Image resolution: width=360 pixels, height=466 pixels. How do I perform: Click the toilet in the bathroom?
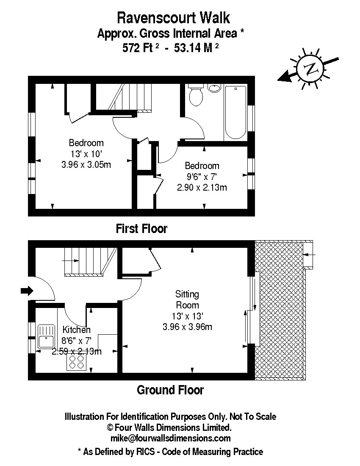click(x=196, y=94)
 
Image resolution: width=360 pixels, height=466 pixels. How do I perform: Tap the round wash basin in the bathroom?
click(x=214, y=88)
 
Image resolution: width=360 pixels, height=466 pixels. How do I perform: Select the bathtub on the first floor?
click(x=235, y=112)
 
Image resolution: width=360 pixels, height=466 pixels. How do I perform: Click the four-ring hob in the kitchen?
click(x=76, y=362)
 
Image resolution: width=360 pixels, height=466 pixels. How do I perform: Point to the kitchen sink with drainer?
click(x=46, y=337)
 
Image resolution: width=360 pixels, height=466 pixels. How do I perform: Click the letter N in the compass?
click(x=310, y=69)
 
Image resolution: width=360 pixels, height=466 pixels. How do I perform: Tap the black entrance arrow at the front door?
click(x=27, y=291)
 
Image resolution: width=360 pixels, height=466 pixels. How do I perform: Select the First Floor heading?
click(x=142, y=228)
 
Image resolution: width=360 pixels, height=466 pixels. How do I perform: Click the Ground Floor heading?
click(x=171, y=390)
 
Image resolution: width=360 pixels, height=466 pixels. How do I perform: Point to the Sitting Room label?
click(x=187, y=300)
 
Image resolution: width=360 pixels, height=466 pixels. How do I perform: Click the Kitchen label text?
click(x=77, y=330)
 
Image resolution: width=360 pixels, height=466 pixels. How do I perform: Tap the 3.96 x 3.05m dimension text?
click(x=86, y=165)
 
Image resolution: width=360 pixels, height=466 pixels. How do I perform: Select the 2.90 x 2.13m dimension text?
click(x=202, y=188)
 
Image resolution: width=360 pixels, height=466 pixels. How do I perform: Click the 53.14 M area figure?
click(x=197, y=47)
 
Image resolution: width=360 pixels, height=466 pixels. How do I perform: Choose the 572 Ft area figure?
click(x=141, y=47)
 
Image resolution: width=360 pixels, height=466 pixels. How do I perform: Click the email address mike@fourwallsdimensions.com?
click(x=171, y=438)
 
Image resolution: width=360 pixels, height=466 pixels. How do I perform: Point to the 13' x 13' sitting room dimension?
click(x=188, y=316)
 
